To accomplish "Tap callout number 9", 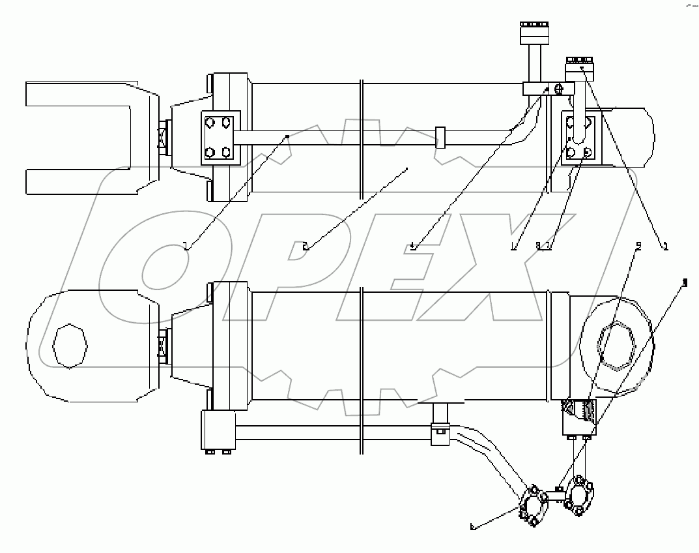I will pos(638,246).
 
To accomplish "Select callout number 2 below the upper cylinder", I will pos(305,246).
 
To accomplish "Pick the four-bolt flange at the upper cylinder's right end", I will pos(580,138).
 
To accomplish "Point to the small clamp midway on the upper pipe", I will pos(440,137).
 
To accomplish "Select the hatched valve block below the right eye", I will pos(578,417).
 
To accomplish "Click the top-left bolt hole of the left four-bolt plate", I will pos(209,122).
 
